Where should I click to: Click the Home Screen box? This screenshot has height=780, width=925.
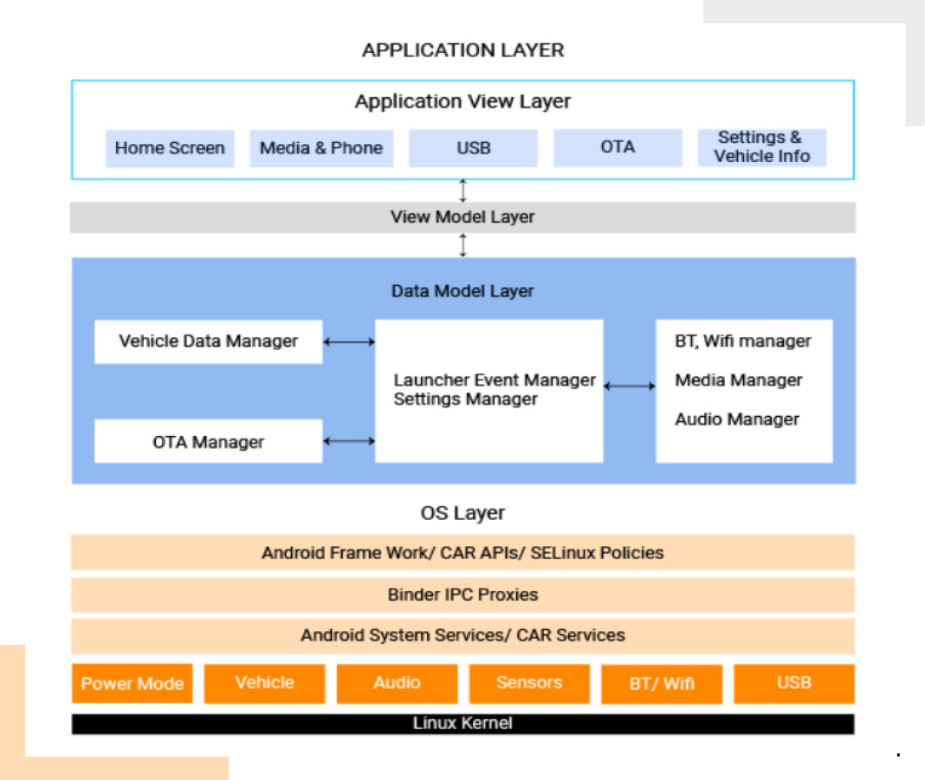point(170,148)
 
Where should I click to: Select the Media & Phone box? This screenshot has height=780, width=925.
point(321,148)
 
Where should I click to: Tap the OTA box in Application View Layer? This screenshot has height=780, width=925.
point(618,148)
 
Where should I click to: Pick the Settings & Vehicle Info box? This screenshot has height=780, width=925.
point(762,148)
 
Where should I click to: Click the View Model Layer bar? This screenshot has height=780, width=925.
point(462,218)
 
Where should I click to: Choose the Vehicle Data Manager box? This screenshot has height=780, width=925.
point(208,341)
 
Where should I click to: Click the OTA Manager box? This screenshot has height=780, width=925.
point(208,442)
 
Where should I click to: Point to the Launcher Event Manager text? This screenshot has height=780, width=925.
point(495,380)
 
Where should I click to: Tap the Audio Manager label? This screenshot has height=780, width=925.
point(737,419)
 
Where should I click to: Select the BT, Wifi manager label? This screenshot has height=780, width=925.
point(743,341)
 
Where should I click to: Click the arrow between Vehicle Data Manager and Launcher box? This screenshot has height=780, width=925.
point(349,342)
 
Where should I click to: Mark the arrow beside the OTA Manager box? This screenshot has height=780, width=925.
point(349,442)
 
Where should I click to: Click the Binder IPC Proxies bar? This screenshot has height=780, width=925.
point(462,595)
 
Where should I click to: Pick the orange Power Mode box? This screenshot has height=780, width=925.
point(133,684)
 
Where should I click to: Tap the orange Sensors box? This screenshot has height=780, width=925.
point(529,683)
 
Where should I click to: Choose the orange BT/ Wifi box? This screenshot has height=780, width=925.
point(662,684)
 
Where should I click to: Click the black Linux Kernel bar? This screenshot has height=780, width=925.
point(462,724)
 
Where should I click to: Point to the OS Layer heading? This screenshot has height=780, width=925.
point(462,513)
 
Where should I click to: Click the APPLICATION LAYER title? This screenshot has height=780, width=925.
point(462,50)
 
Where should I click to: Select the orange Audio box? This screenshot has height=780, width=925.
point(397,683)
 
